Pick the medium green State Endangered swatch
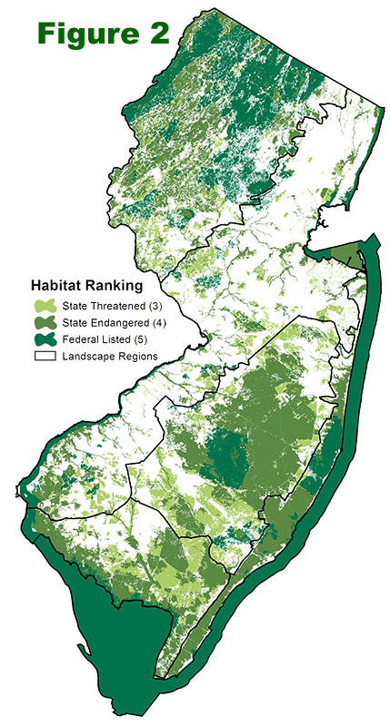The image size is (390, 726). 45,323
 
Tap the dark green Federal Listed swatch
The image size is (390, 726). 45,339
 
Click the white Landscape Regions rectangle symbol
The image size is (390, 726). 45,356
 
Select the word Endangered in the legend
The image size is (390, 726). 118,323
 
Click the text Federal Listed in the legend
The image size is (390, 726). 97,339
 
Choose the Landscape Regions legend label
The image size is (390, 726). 110,356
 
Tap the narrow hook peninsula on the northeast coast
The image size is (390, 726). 364,259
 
